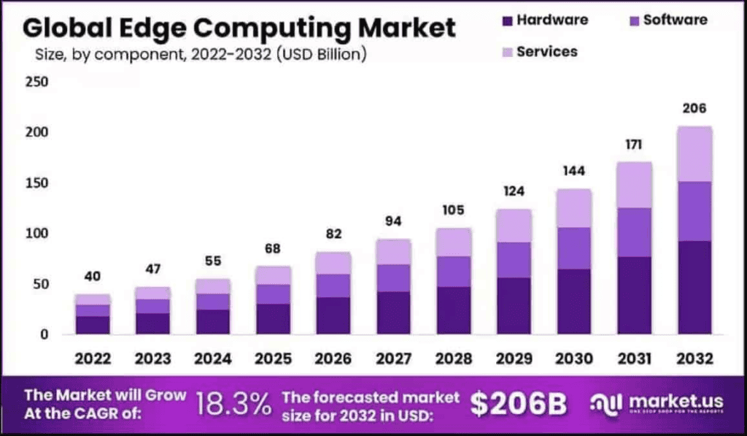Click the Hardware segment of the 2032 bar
(694, 288)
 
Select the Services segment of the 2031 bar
(634, 185)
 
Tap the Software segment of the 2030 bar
(574, 248)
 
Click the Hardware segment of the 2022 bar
(93, 325)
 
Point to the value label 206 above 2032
(694, 109)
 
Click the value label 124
(514, 191)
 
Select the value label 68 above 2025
(274, 250)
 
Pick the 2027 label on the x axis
(394, 359)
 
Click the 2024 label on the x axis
(214, 359)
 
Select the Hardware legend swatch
(508, 20)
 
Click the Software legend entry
(674, 20)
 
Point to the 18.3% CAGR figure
(233, 403)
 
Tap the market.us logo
(657, 404)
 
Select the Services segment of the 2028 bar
(454, 242)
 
